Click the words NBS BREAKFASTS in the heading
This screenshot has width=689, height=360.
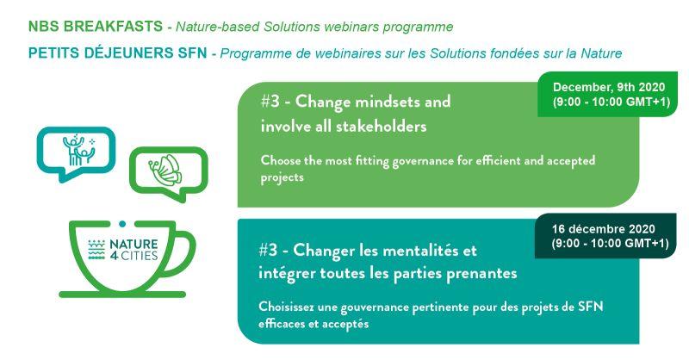pos(96,27)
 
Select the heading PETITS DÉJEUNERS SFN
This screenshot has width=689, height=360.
pos(117,53)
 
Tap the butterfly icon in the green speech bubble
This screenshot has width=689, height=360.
pos(164,171)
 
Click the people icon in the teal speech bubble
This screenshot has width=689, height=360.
pos(79,150)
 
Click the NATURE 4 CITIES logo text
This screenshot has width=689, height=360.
pos(133,249)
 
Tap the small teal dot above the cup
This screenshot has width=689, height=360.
pos(122,224)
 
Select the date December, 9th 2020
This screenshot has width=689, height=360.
pos(609,87)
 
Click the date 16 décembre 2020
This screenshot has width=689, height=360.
pos(604,229)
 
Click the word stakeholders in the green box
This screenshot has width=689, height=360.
pos(382,127)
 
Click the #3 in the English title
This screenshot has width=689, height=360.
pos(270,102)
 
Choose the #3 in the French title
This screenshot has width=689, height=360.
pos(268,250)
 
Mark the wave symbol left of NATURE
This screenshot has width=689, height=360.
pos(96,250)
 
